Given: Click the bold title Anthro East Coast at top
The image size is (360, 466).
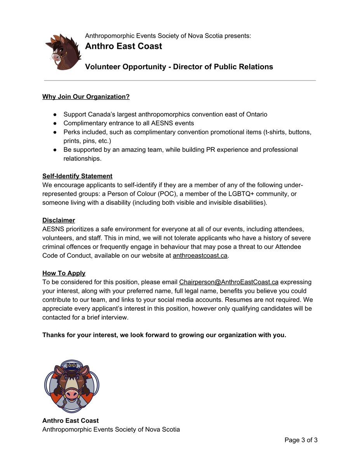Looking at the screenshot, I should coord(123,46).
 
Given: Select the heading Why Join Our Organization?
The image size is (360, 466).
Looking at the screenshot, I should coord(86,97).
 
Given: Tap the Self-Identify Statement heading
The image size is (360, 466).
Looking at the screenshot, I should coord(77,176).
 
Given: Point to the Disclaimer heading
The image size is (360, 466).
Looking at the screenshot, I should coord(59,220).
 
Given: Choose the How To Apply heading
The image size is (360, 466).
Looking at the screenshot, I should coord(64,273).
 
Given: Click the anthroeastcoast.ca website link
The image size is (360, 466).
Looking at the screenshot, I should coord(200,256).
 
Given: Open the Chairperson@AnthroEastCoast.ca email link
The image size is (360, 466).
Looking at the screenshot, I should coord(228,282).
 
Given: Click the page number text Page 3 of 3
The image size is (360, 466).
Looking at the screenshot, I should coord(301,440).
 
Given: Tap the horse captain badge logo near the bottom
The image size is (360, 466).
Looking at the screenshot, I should coord(72,386).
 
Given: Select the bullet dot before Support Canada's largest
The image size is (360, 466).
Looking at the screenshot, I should coord(56,115).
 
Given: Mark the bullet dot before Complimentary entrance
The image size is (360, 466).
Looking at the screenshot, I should coord(56,123).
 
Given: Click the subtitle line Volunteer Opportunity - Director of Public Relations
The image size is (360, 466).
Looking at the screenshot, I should coord(179,67).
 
